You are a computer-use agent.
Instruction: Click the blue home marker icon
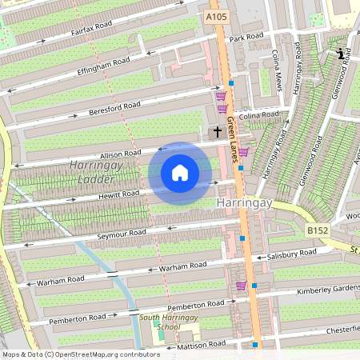coord(180,173)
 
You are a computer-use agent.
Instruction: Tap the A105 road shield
coord(214,17)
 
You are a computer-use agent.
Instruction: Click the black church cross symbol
coord(216,130)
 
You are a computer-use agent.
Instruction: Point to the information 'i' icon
coord(342,54)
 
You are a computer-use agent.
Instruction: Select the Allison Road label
coord(121,153)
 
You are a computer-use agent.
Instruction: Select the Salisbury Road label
coord(292,254)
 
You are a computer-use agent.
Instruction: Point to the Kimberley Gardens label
coord(327,289)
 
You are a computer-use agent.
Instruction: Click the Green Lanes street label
coord(232,141)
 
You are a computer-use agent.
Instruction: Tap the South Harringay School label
coord(170,322)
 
